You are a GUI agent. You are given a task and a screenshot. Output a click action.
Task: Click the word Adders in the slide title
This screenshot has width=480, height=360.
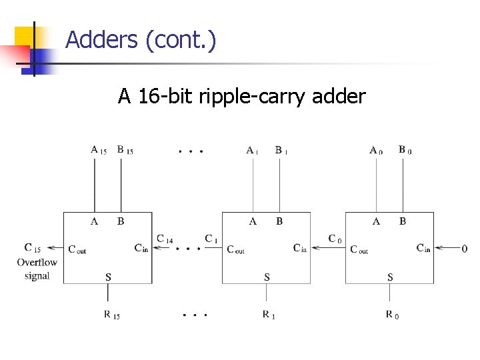click(x=102, y=41)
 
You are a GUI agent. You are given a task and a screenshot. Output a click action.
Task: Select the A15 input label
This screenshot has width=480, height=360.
click(x=98, y=150)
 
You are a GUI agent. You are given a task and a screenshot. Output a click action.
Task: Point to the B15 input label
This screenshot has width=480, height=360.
click(x=125, y=150)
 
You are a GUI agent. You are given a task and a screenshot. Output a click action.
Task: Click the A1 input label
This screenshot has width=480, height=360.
click(x=252, y=150)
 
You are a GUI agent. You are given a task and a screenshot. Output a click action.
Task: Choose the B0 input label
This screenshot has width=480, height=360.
click(x=405, y=150)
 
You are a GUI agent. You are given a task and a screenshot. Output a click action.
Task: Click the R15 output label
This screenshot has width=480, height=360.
click(x=111, y=315)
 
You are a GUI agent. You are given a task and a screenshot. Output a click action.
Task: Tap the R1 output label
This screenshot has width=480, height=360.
click(x=268, y=315)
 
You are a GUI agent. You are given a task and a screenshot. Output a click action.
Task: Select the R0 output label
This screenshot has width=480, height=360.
click(x=392, y=315)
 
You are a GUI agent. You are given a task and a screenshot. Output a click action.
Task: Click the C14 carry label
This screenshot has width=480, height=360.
click(x=165, y=239)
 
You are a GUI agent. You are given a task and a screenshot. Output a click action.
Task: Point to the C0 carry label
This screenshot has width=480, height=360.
click(x=335, y=239)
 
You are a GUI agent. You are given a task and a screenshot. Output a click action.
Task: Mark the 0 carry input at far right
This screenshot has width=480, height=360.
click(x=464, y=249)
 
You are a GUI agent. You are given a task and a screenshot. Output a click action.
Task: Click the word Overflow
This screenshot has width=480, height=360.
click(x=37, y=262)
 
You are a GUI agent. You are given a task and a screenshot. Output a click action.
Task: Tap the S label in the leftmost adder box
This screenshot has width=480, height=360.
click(x=108, y=276)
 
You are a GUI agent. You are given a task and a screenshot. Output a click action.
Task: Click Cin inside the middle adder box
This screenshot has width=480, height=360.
click(x=300, y=249)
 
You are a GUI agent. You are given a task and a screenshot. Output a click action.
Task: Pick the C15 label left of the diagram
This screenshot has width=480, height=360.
click(x=32, y=248)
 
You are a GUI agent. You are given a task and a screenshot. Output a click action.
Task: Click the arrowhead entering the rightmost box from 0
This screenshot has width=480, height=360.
click(x=437, y=249)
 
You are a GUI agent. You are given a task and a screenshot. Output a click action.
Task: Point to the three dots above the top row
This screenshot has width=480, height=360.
click(x=191, y=151)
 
